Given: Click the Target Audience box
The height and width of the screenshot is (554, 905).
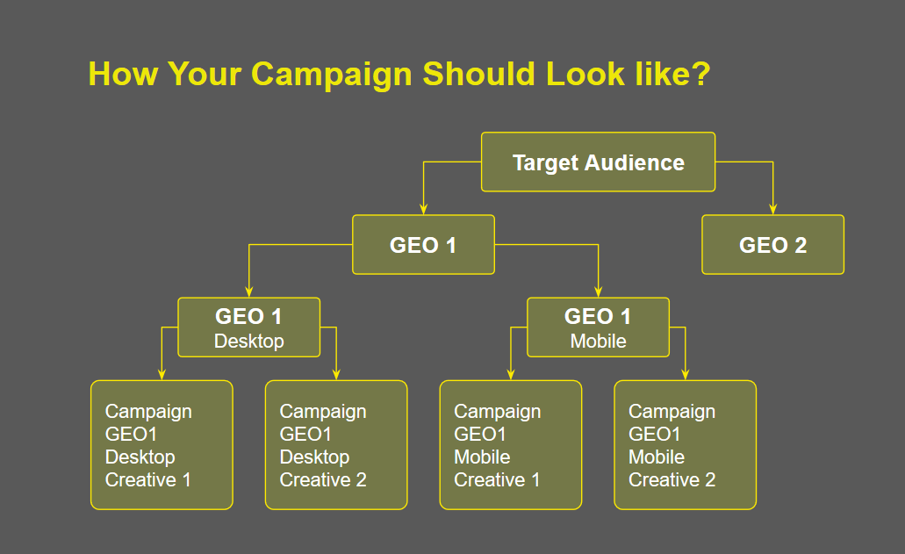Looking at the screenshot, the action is pos(598,162).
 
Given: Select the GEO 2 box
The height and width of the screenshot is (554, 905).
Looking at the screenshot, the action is pos(772,245).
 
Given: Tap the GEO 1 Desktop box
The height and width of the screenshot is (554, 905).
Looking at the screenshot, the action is pos(248,327).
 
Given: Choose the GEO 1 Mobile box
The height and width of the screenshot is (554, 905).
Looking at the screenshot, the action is pos(598,327).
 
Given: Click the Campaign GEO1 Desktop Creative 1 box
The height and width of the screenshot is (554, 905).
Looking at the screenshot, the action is pos(162,445).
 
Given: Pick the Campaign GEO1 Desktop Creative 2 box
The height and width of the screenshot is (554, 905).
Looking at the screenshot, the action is pos(336,445).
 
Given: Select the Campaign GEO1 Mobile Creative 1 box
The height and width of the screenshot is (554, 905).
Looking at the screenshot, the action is pos(511,445).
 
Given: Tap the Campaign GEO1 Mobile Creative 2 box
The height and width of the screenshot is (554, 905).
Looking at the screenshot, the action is pos(685,445).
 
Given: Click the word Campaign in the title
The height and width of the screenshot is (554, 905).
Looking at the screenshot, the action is pos(332,75).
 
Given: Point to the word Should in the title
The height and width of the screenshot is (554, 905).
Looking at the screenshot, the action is pos(479,74).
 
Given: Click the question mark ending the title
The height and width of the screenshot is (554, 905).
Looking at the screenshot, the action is pos(700,73).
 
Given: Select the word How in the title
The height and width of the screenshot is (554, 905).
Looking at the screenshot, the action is pos(123,74).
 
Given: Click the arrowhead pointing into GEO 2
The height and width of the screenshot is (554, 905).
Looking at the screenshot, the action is pos(772,209).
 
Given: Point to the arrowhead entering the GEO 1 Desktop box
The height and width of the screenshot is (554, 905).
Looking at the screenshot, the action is pos(248,291).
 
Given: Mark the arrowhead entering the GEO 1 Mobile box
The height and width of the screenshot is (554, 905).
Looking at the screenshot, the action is pos(598,291).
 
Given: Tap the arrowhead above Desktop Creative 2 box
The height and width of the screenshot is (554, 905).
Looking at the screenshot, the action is pos(336,375).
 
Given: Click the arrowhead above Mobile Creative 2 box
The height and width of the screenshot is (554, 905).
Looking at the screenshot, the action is pos(685,375).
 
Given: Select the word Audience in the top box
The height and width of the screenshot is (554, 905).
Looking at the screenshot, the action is pos(635,162).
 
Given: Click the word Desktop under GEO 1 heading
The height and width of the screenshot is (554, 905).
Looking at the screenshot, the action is pos(248,341).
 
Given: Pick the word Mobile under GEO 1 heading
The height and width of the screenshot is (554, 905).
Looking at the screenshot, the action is pos(598,341).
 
